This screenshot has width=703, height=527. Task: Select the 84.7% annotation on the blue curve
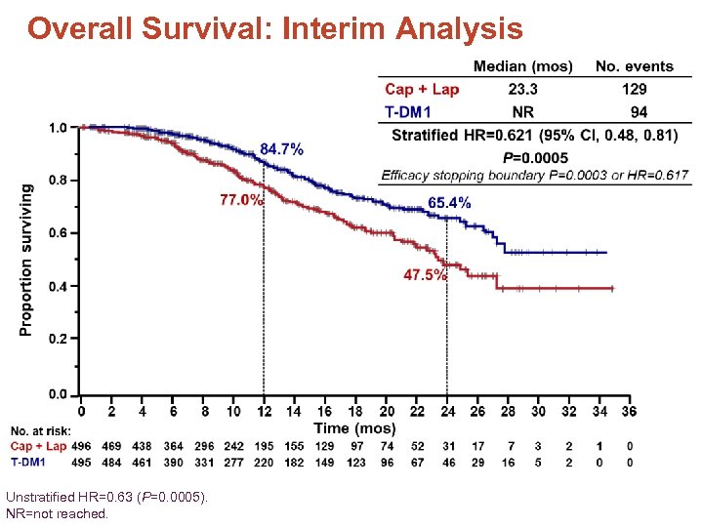pyautogui.click(x=281, y=149)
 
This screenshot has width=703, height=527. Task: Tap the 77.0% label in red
pyautogui.click(x=241, y=200)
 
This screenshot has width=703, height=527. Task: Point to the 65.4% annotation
pyautogui.click(x=449, y=203)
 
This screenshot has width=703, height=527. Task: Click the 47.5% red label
pyautogui.click(x=425, y=275)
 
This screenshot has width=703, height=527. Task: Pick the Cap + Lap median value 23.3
pyautogui.click(x=522, y=89)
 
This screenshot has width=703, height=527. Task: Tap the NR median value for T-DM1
pyautogui.click(x=522, y=111)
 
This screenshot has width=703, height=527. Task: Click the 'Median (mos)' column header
pyautogui.click(x=522, y=66)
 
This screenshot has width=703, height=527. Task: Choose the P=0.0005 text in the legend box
pyautogui.click(x=535, y=158)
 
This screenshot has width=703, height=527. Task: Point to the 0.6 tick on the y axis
pyautogui.click(x=58, y=233)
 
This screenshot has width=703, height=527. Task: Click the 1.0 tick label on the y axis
pyautogui.click(x=58, y=128)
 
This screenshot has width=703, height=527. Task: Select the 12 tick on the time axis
pyautogui.click(x=264, y=412)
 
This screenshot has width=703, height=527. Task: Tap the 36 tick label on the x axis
pyautogui.click(x=629, y=412)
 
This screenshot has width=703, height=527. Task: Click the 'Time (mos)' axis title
pyautogui.click(x=354, y=427)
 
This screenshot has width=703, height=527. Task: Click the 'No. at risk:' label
pyautogui.click(x=41, y=430)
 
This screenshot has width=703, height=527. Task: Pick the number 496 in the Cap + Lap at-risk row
pyautogui.click(x=82, y=446)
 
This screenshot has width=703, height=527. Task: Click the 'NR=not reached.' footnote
pyautogui.click(x=57, y=512)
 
